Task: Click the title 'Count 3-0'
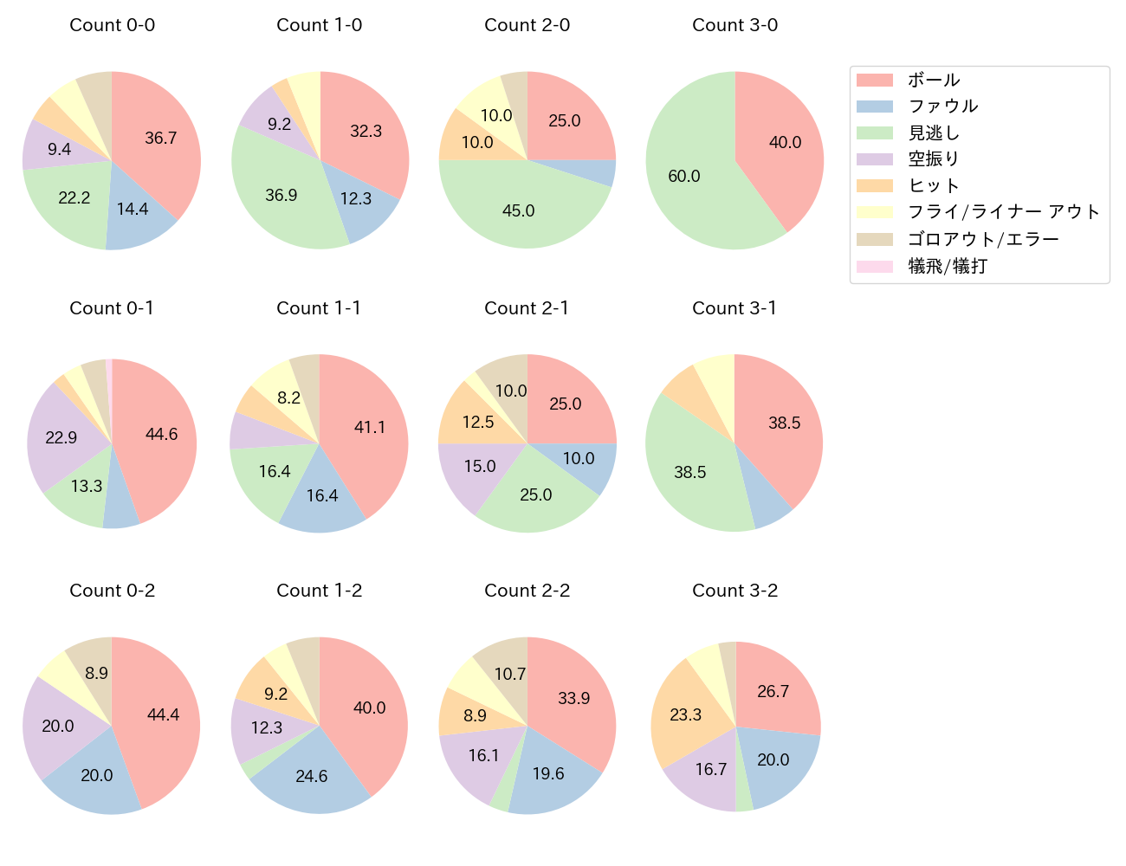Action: click(734, 25)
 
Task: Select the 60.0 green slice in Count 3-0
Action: click(684, 176)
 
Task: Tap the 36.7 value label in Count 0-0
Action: click(161, 138)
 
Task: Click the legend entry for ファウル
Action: click(942, 107)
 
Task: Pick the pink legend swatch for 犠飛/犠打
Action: click(874, 266)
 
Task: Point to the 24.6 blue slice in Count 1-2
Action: click(312, 776)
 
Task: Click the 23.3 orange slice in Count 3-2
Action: click(685, 714)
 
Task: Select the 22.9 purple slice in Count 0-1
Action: click(61, 437)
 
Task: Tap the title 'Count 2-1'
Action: click(527, 308)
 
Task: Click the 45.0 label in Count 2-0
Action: click(519, 210)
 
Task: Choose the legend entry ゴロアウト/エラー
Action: click(983, 239)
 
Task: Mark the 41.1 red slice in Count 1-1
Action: click(370, 427)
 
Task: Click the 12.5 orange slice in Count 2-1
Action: click(478, 422)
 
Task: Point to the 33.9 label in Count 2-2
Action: click(574, 698)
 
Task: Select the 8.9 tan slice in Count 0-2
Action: click(96, 673)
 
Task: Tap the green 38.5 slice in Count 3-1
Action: click(690, 472)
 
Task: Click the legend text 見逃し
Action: click(934, 133)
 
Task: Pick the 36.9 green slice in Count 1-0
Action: click(281, 195)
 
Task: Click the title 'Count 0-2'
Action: click(112, 591)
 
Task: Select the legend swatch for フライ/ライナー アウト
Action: click(874, 212)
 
